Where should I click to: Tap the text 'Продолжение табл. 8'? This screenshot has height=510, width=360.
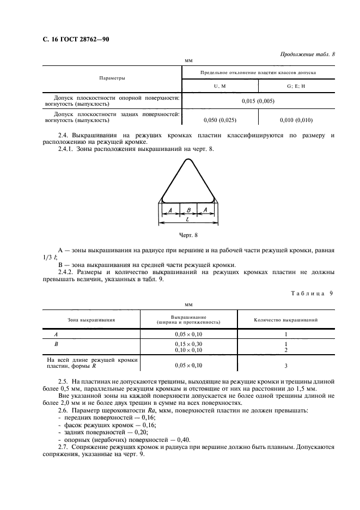pos(307,54)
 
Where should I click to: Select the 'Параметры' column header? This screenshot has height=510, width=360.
pos(112,78)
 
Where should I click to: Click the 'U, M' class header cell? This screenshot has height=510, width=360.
pos(219,86)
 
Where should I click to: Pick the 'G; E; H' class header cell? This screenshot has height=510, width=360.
pos(296,86)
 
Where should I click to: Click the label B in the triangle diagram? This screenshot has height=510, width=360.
pos(188,210)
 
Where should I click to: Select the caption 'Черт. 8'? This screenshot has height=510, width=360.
pos(188,235)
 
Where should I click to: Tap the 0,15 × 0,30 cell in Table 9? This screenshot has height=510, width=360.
pos(188,344)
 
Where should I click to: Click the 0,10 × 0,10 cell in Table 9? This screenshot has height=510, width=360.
pos(188,350)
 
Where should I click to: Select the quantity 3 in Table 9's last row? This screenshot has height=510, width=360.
pos(286,366)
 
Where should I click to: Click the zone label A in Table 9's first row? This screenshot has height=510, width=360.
pos(56,333)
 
